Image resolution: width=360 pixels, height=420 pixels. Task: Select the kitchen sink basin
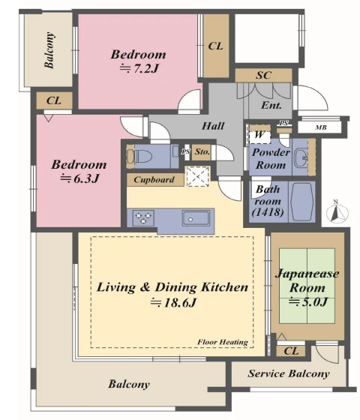point(196,217)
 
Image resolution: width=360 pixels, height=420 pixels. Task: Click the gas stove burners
point(143,217)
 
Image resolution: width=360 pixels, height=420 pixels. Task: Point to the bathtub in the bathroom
point(301,202)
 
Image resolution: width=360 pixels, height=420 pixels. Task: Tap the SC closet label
point(263,75)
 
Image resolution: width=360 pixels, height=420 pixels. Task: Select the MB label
point(321,127)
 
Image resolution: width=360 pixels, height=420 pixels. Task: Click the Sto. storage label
point(202,151)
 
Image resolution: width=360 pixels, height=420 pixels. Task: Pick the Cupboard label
point(154,179)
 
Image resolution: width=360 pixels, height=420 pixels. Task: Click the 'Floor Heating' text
point(223,342)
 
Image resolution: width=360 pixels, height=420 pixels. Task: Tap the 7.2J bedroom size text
point(139,69)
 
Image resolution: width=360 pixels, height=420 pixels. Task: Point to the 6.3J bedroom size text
point(79,178)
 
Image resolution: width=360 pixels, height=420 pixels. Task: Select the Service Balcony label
point(289,373)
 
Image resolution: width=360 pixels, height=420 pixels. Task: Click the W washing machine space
point(259,134)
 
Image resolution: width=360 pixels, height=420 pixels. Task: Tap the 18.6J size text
point(173,303)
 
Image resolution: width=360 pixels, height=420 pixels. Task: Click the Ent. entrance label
point(271,105)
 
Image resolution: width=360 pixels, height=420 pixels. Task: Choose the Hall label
point(213,126)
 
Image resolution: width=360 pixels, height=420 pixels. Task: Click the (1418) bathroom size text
point(268,212)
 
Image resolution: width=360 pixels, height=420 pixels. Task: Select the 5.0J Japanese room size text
point(308,301)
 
